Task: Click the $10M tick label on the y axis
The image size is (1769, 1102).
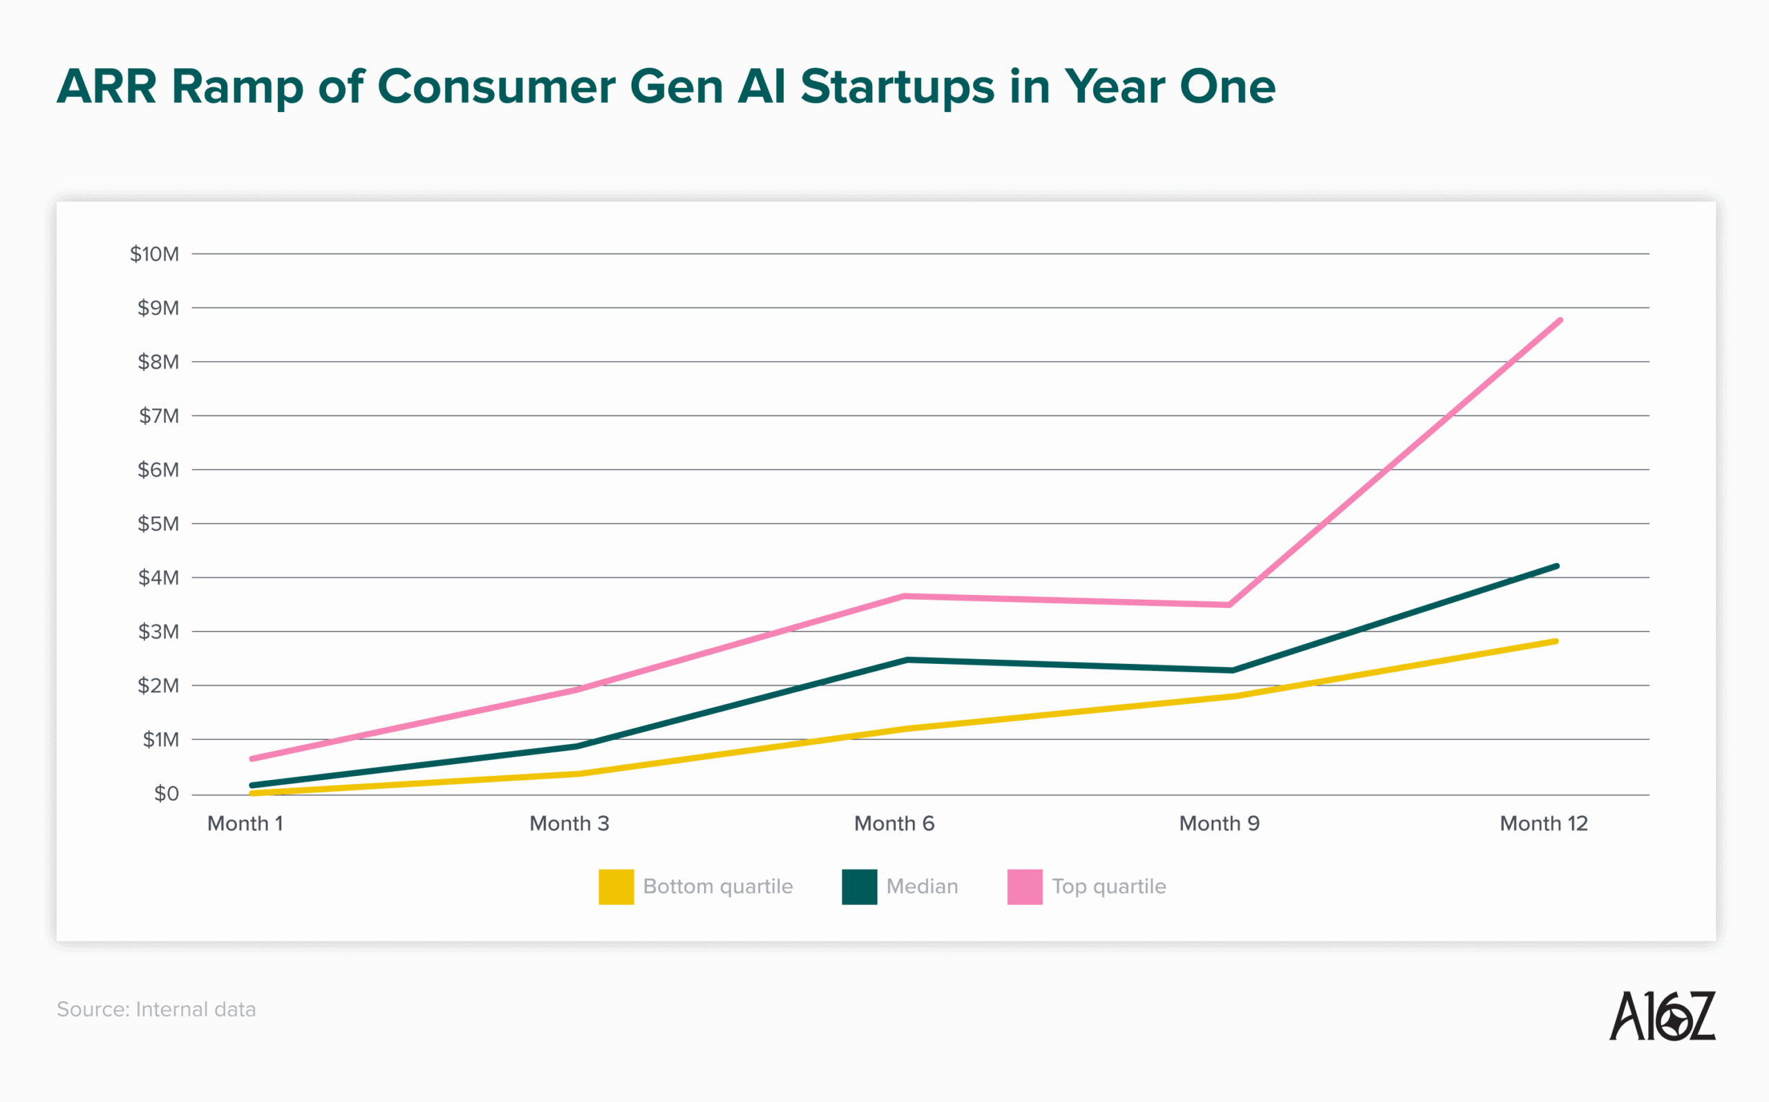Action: pyautogui.click(x=154, y=254)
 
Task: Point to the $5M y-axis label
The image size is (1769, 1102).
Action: pyautogui.click(x=158, y=523)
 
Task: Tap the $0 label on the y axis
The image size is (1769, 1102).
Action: pyautogui.click(x=166, y=794)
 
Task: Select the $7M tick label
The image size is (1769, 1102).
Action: pyautogui.click(x=158, y=415)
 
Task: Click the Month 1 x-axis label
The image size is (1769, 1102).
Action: pyautogui.click(x=245, y=824)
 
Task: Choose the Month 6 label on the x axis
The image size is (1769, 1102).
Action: pyautogui.click(x=893, y=824)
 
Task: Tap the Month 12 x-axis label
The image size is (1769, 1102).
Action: pyautogui.click(x=1543, y=824)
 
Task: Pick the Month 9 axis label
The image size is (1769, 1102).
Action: pyautogui.click(x=1219, y=824)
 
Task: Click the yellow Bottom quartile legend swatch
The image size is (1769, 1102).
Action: pyautogui.click(x=616, y=886)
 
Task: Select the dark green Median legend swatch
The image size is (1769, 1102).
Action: pyautogui.click(x=859, y=886)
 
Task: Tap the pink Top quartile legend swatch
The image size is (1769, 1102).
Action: pyautogui.click(x=1024, y=886)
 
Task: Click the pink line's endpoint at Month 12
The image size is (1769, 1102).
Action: pyautogui.click(x=1559, y=321)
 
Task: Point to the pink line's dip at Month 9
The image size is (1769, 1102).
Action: pyautogui.click(x=1229, y=605)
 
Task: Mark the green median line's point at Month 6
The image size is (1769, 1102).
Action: pyautogui.click(x=907, y=660)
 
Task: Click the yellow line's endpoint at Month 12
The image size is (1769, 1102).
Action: pyautogui.click(x=1555, y=641)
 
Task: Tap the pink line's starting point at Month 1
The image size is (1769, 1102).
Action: pyautogui.click(x=252, y=759)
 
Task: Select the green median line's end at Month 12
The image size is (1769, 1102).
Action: pyautogui.click(x=1556, y=567)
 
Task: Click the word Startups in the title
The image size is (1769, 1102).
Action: pyautogui.click(x=896, y=88)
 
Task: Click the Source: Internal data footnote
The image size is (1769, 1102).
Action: pyautogui.click(x=156, y=1009)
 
